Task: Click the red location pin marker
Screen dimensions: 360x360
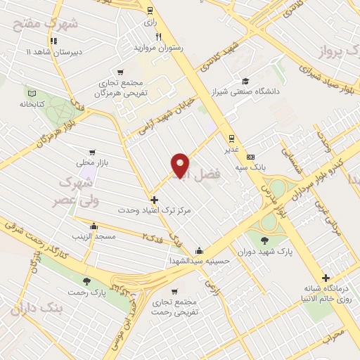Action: (181, 165)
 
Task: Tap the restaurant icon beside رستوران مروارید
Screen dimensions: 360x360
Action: (159, 37)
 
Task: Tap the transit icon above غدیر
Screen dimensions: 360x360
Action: (231, 137)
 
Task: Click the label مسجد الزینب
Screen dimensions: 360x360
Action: (91, 237)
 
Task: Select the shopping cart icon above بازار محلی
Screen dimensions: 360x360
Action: (91, 152)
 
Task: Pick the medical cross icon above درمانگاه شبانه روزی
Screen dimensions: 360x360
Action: (326, 278)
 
